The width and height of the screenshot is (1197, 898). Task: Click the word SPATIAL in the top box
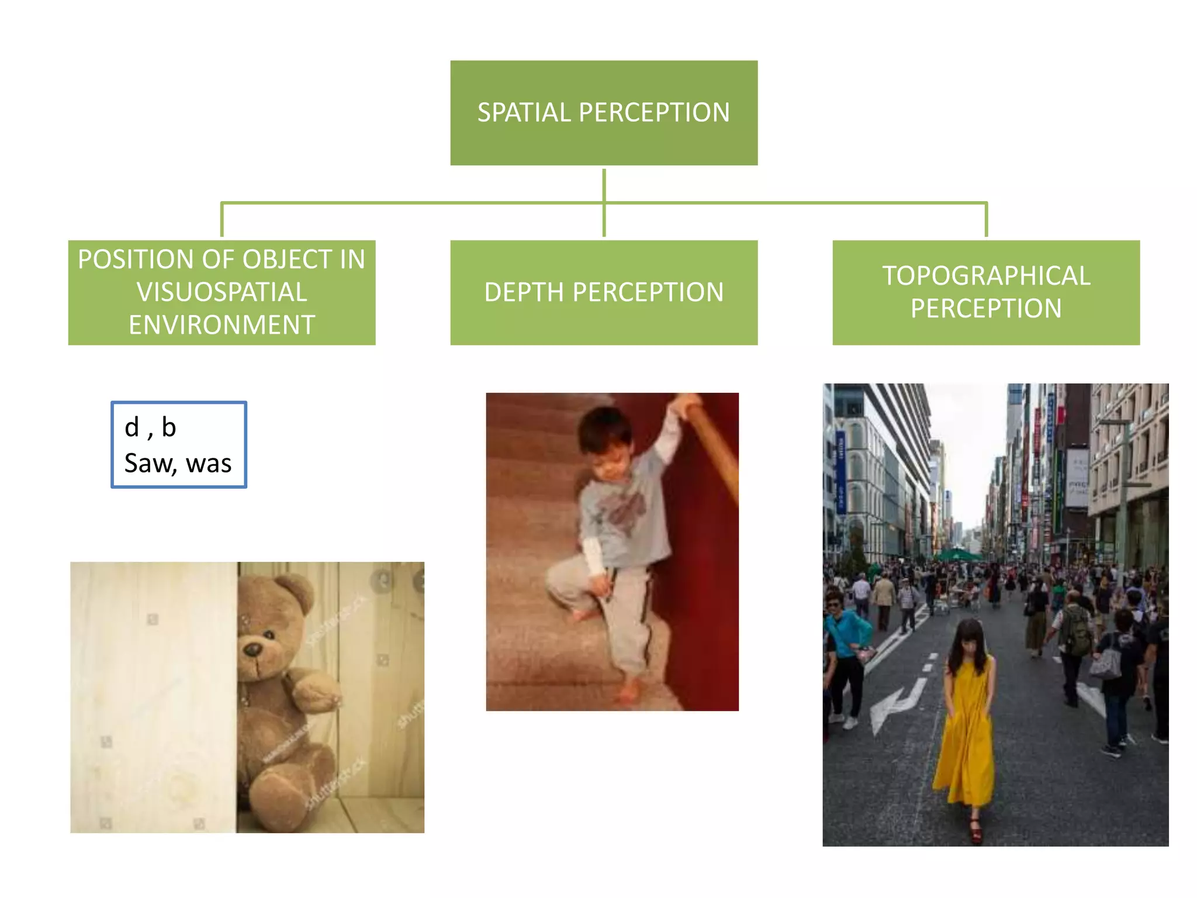tap(524, 112)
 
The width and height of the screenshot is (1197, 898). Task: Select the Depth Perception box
tap(604, 292)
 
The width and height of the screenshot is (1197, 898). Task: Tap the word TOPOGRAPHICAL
tap(986, 276)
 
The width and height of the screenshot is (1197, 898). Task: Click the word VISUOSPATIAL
tap(222, 292)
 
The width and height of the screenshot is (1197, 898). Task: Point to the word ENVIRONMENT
tap(222, 325)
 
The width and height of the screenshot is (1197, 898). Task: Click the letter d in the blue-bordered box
tap(132, 427)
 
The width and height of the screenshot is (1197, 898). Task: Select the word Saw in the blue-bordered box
tap(149, 464)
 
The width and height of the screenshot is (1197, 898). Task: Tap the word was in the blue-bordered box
tap(209, 464)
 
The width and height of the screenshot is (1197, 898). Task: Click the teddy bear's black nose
tap(253, 648)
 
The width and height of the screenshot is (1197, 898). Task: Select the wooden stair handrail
tap(716, 450)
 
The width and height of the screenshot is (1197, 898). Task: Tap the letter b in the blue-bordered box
tap(169, 427)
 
